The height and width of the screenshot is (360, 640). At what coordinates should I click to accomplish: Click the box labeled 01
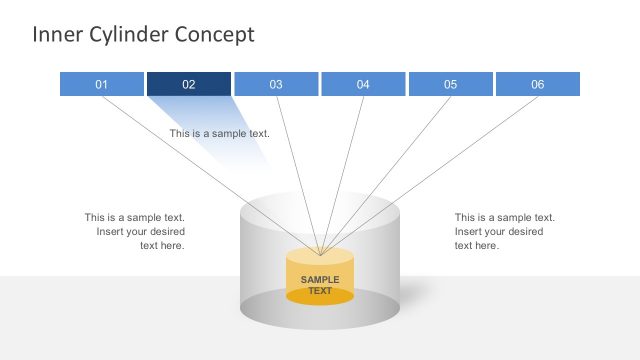click(101, 84)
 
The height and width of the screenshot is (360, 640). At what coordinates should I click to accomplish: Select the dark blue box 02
click(189, 84)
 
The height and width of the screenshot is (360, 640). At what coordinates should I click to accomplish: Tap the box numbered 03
click(276, 84)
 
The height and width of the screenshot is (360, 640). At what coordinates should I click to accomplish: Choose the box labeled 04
click(363, 84)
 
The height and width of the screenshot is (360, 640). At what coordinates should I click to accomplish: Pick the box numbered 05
click(450, 84)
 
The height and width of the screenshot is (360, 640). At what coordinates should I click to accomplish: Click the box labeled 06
click(537, 84)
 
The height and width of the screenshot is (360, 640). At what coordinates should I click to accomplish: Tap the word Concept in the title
click(215, 35)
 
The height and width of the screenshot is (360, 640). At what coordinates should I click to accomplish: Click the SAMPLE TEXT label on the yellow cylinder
click(320, 285)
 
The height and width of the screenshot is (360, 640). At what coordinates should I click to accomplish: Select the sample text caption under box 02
click(219, 133)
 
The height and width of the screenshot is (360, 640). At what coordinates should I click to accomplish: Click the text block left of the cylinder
click(135, 231)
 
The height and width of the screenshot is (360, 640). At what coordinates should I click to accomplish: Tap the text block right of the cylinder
click(504, 231)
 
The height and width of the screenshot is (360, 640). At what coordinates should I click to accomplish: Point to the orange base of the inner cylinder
click(320, 297)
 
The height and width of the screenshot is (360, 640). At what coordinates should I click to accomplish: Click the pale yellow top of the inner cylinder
click(320, 256)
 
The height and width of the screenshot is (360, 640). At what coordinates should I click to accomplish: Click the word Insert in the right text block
click(472, 231)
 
